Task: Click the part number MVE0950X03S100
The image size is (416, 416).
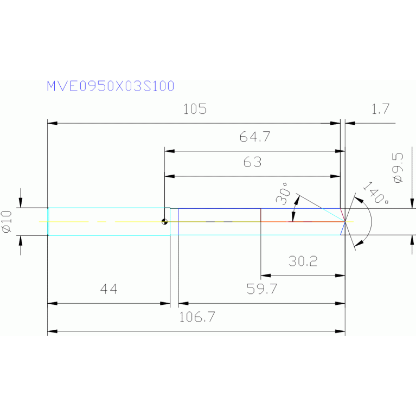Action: coord(110,86)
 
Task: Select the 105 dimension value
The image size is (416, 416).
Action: coord(195,110)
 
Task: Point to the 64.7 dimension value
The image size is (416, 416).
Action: coord(254,137)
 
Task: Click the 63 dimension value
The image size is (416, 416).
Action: coord(252,162)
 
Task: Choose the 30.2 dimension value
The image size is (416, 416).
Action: coord(303,261)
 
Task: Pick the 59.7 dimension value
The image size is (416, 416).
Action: coord(262,289)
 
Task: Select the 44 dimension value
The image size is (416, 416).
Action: coord(108,289)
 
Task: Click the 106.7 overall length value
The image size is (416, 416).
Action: coord(197,317)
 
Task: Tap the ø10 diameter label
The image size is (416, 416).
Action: coord(8,222)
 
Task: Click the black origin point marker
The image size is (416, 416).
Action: coord(164,222)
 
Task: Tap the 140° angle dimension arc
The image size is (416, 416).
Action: coord(370,221)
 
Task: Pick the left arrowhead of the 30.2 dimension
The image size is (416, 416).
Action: coord(264,276)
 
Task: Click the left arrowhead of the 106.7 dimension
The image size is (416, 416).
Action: coord(51,331)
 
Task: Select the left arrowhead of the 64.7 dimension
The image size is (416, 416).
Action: coord(168,151)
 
